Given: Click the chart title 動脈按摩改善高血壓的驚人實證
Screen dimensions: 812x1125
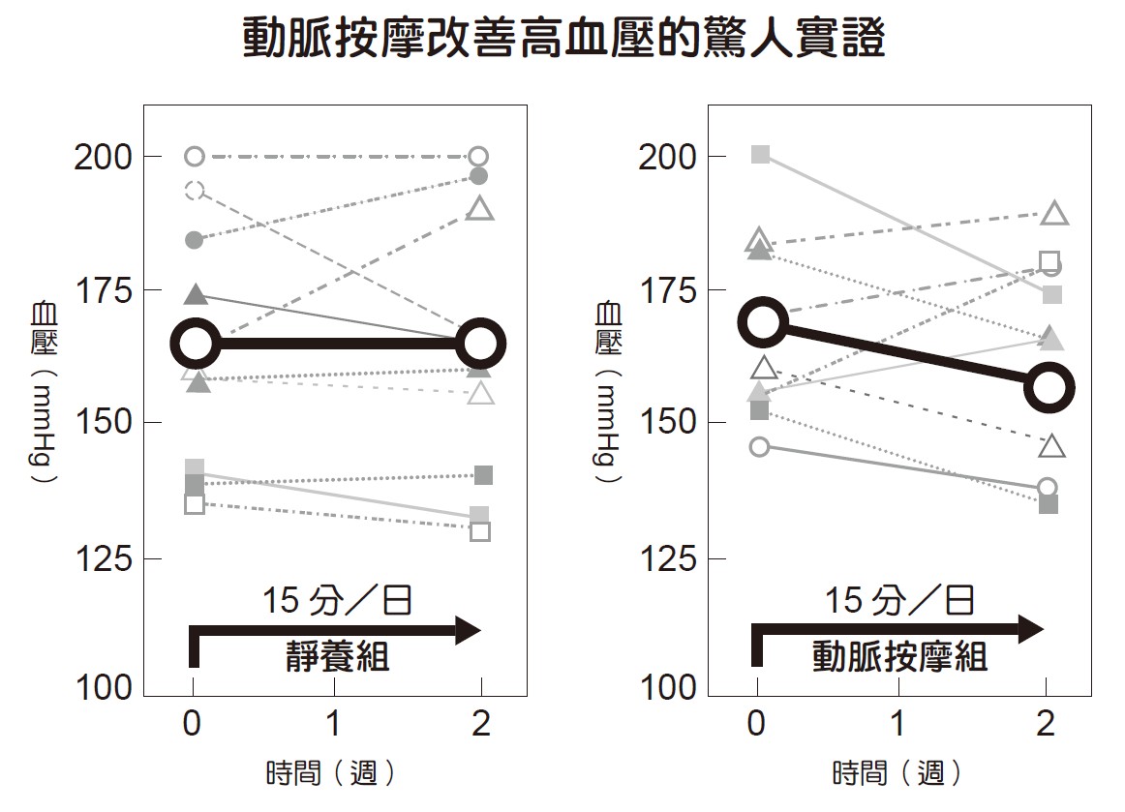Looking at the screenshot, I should [x=562, y=39].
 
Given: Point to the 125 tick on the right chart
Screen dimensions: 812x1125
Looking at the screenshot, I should [x=666, y=558].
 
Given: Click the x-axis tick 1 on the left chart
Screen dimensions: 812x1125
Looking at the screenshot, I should [x=334, y=724].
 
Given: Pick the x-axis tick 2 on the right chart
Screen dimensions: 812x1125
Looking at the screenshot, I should [x=1045, y=724].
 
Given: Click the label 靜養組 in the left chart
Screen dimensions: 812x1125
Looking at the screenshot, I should [x=337, y=657].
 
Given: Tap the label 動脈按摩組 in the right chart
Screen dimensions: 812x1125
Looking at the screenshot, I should [x=899, y=657].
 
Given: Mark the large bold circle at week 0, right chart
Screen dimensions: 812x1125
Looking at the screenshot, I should [x=762, y=322].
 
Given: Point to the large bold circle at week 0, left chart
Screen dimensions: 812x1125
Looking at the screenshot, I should [x=196, y=342].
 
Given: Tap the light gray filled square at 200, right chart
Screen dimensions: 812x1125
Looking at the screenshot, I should [x=761, y=155].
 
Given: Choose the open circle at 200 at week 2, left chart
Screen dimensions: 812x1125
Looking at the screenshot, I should [x=478, y=157].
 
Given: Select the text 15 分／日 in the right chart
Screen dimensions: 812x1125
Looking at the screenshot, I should [x=899, y=601].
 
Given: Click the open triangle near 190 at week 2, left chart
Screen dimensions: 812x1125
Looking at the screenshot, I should [x=480, y=208].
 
